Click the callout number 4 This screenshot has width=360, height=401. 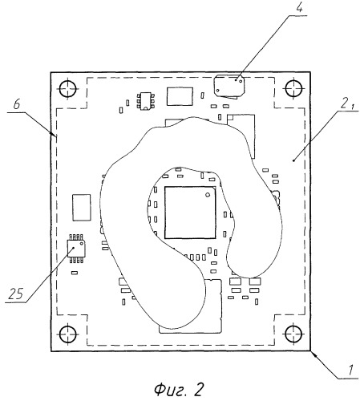coord(300,8)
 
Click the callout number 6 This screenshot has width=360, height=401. coord(17,104)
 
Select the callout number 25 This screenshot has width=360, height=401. coord(15,294)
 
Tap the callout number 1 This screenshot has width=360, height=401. coord(350,371)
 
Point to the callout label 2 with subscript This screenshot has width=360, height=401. coord(347,104)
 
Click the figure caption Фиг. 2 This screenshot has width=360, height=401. coord(179,389)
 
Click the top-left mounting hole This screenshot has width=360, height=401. coord(68,88)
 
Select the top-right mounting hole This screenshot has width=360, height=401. coord(294,87)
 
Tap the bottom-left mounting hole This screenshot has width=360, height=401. coord(68,334)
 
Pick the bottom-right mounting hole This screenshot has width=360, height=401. coord(294,334)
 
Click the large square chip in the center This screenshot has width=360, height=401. coord(190,213)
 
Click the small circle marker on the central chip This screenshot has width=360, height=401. coord(208,195)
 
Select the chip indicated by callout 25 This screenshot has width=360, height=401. coord(76,249)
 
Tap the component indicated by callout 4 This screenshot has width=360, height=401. coord(229,86)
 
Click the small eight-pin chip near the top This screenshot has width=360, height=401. coord(146,101)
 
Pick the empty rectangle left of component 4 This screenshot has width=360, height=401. coord(180,96)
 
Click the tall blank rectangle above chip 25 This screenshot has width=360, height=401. coord(82,208)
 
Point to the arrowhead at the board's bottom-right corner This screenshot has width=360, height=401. coord(313,354)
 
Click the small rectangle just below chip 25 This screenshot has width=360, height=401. coord(75,273)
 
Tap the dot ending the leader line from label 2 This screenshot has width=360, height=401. coord(294,160)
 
